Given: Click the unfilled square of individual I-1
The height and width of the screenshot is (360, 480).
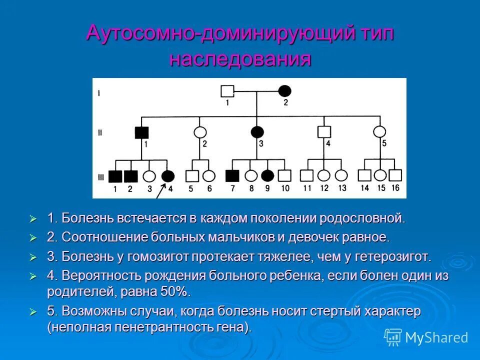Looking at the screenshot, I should click(x=227, y=91).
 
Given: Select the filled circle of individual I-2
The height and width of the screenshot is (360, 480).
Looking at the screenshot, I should click(x=284, y=91).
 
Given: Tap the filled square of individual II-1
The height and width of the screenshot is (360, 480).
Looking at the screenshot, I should click(x=142, y=132).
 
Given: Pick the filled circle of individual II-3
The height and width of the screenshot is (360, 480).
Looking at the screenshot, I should click(x=257, y=132).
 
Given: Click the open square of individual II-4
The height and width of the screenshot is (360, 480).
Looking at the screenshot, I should click(x=324, y=132).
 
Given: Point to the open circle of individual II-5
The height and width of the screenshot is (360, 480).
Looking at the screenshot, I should click(x=380, y=132).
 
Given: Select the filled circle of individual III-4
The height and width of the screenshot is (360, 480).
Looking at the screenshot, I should click(x=168, y=175).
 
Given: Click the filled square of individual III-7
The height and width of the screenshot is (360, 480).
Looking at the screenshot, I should click(x=232, y=175).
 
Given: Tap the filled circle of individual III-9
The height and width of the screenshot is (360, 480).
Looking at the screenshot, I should click(x=268, y=175).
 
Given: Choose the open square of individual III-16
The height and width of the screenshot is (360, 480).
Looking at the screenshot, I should click(x=395, y=175).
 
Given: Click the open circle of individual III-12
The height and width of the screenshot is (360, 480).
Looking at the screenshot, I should click(x=324, y=175).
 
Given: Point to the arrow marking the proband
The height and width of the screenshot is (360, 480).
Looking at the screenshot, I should click(x=161, y=190).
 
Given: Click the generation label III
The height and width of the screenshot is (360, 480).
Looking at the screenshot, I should click(x=100, y=176).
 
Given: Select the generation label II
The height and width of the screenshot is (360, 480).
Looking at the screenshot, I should click(x=100, y=133).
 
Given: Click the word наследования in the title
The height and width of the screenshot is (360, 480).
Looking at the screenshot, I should click(x=240, y=59).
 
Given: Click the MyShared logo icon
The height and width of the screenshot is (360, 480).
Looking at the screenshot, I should click(x=392, y=337).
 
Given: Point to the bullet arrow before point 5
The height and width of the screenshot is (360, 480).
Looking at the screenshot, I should click(x=33, y=311).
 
